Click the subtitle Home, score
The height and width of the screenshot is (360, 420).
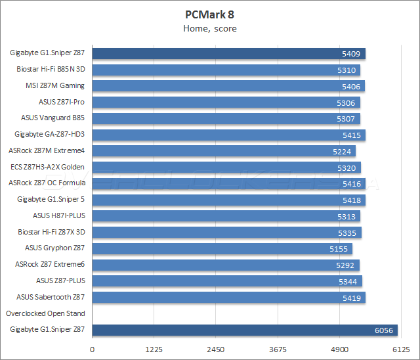pyautogui.click(x=209, y=28)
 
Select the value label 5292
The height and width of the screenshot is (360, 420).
pyautogui.click(x=345, y=265)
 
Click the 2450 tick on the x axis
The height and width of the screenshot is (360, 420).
pyautogui.click(x=215, y=349)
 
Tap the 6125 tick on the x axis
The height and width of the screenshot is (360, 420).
pyautogui.click(x=401, y=349)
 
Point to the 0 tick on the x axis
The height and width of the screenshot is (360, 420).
pyautogui.click(x=92, y=349)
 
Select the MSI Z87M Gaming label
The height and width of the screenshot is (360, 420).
pyautogui.click(x=55, y=86)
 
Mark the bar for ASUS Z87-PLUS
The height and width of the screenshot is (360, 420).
pyautogui.click(x=227, y=281)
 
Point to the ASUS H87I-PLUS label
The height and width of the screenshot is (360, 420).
pyautogui.click(x=59, y=215)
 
